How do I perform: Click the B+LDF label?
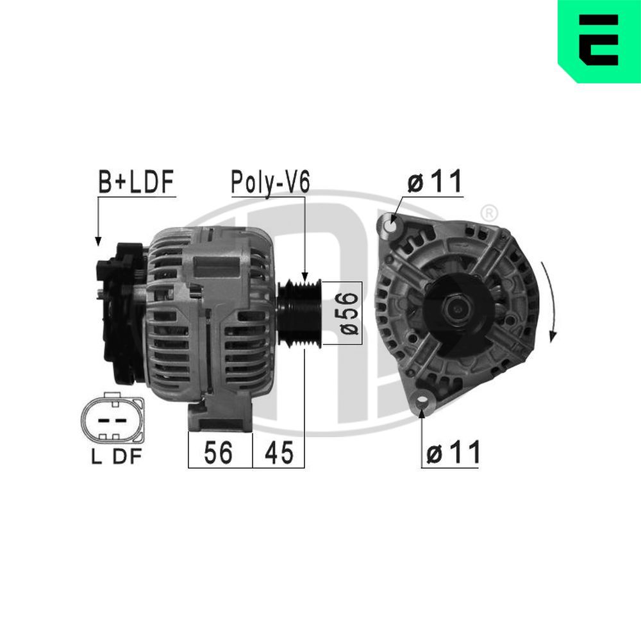(136, 183)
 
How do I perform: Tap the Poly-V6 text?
(270, 183)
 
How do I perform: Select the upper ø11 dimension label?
(435, 183)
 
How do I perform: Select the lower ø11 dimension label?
(453, 453)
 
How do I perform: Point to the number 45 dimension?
(278, 453)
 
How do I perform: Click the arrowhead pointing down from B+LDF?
(98, 240)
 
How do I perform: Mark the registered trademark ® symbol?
(488, 212)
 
